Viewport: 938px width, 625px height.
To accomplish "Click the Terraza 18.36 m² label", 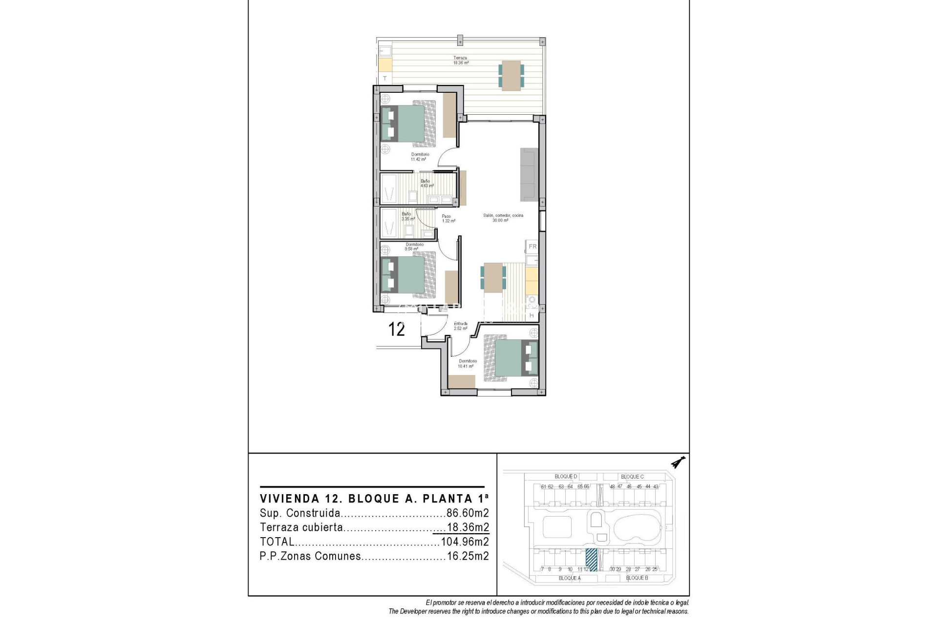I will click(460, 60).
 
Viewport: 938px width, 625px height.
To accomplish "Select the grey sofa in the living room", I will click(529, 174).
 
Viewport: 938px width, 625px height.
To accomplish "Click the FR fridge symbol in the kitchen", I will click(533, 247).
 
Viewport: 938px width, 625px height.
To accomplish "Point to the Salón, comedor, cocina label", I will click(503, 218).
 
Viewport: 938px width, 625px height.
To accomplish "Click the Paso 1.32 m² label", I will click(448, 218).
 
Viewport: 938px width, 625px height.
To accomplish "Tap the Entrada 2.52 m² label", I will click(460, 326).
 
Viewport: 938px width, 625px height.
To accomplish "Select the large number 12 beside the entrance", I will click(397, 330).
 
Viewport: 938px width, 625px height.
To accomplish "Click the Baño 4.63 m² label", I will click(427, 183).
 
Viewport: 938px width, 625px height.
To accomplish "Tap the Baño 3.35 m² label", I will click(407, 216).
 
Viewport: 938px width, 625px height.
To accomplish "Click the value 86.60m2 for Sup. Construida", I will click(468, 513).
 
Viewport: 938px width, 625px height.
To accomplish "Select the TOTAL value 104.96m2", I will click(465, 542).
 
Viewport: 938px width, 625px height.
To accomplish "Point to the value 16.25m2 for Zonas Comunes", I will click(468, 556).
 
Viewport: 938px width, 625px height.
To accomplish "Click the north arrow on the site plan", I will click(678, 461).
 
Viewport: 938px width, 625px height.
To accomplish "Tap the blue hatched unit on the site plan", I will click(592, 560).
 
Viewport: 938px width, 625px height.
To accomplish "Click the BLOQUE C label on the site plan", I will click(632, 477).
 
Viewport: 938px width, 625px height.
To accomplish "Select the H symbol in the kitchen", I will click(532, 316).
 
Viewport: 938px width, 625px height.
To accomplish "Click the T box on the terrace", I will click(384, 78).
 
